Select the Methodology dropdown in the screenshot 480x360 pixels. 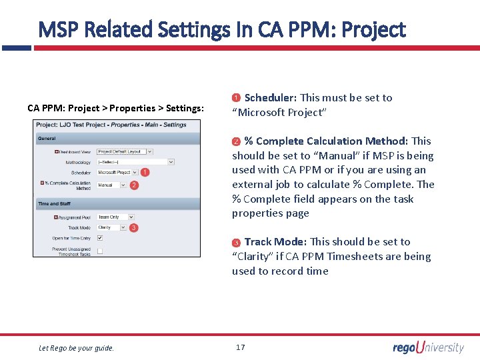[x=135, y=162]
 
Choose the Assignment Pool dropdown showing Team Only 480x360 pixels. [x=115, y=217]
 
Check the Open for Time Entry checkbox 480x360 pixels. [x=100, y=238]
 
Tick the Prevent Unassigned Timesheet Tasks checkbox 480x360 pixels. [x=100, y=251]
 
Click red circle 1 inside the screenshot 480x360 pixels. [x=145, y=172]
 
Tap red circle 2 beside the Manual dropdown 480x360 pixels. [x=134, y=185]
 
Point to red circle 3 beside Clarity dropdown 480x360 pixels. [x=134, y=228]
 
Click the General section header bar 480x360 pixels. [x=117, y=139]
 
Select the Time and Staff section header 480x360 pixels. [x=117, y=204]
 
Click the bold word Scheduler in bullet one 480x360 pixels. [x=270, y=98]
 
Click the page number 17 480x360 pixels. [x=240, y=347]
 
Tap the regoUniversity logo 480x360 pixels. [x=428, y=347]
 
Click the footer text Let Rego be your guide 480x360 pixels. [x=76, y=347]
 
